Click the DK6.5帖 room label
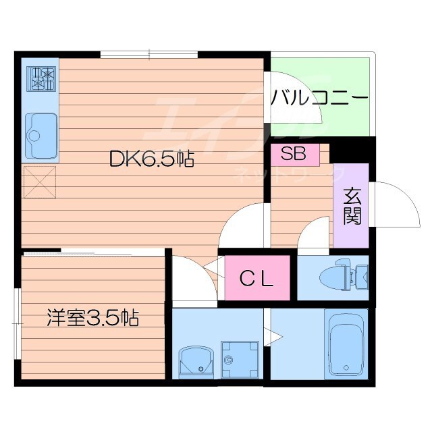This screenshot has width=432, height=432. (x=153, y=159)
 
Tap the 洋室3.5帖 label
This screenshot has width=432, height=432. (x=92, y=317)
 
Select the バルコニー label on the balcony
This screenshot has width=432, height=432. (x=320, y=98)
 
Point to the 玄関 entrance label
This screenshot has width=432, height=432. (x=352, y=205)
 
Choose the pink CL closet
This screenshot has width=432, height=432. (x=257, y=278)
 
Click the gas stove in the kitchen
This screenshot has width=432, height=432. (x=41, y=78)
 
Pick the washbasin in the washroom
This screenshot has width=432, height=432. (x=197, y=361)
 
